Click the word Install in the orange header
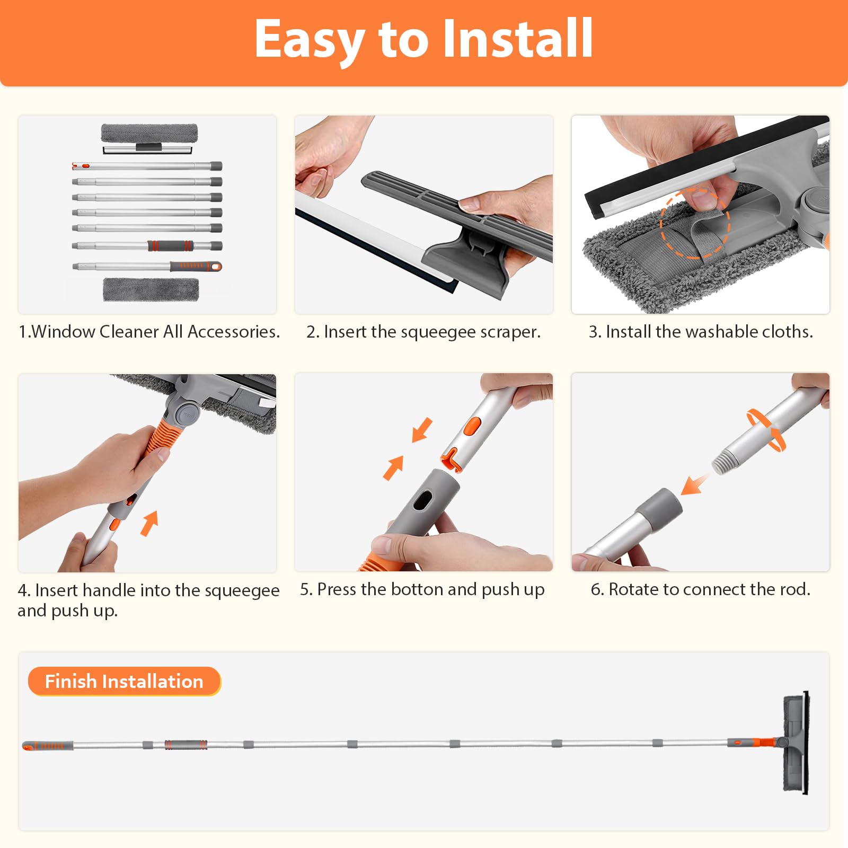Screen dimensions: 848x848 [517, 38]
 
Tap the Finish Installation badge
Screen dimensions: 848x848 [124, 682]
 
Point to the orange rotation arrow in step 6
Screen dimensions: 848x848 [766, 430]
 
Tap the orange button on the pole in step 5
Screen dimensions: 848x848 [471, 426]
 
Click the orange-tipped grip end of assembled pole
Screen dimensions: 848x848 [47, 746]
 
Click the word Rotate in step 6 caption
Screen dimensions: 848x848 [633, 589]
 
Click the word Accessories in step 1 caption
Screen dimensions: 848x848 [233, 331]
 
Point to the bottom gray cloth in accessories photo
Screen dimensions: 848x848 [151, 289]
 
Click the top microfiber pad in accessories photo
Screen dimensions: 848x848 [149, 133]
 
